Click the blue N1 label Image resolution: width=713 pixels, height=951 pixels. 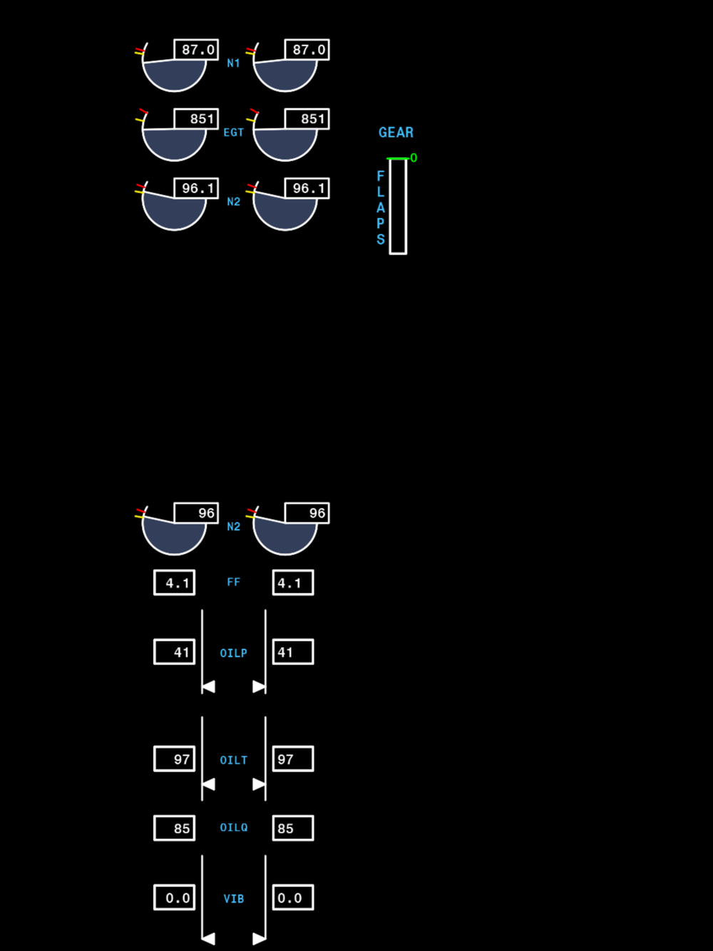233,63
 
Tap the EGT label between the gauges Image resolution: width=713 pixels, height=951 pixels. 233,133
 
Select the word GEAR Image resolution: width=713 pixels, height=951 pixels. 396,133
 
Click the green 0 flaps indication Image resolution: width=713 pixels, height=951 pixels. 414,158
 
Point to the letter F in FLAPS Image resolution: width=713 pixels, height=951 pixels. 380,176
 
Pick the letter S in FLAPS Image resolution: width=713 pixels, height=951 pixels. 380,239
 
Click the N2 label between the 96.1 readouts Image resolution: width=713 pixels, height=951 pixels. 233,202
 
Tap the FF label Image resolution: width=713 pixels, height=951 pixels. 233,582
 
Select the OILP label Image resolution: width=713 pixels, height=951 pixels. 233,653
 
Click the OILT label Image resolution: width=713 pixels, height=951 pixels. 233,760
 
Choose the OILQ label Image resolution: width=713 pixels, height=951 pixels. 233,828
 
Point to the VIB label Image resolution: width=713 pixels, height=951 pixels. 233,898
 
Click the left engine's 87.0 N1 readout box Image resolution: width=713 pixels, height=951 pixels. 196,49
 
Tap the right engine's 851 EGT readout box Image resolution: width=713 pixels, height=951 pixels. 307,119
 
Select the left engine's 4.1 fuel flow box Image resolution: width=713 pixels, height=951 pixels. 174,582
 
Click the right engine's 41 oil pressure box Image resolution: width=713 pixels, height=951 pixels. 293,652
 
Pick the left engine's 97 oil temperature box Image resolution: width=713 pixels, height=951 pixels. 174,759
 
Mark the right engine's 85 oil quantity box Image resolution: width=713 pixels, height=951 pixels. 293,828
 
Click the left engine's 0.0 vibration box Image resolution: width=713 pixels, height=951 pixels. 174,898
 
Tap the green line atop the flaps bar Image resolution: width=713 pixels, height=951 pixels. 398,158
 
